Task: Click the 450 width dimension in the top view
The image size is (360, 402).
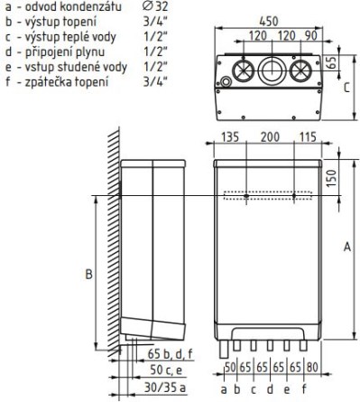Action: pos(269,22)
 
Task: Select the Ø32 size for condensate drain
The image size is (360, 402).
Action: pos(154,6)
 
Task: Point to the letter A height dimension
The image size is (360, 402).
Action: pos(347,247)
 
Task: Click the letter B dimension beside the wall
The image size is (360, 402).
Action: pos(88,275)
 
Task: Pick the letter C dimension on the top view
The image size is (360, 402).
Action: pos(346,88)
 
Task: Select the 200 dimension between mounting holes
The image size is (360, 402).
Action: pos(270,137)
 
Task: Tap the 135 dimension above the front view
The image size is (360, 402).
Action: pos(230,137)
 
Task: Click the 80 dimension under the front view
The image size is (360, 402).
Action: pos(313,368)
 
